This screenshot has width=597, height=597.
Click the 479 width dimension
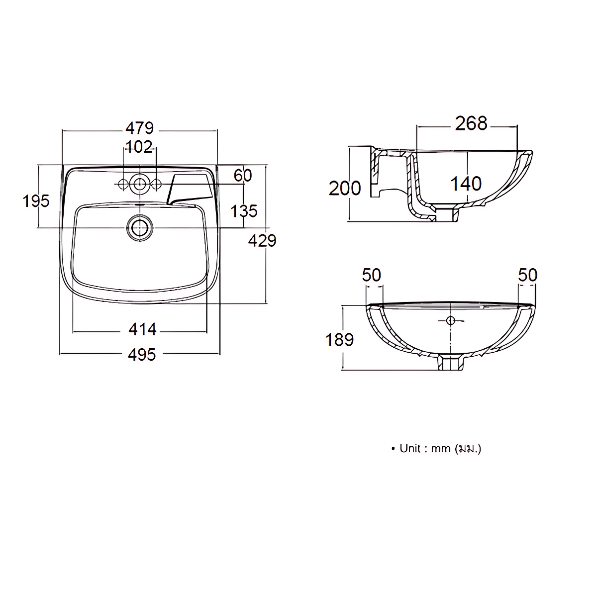point(139,128)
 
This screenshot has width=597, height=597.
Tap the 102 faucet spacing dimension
point(139,147)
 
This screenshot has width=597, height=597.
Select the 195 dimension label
point(36,201)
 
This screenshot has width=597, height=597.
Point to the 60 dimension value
point(243,176)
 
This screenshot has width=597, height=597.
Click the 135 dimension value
point(244,211)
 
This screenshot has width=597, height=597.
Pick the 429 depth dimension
point(262,241)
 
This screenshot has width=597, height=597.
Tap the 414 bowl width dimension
point(142,329)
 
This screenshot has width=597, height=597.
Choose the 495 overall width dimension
point(142,355)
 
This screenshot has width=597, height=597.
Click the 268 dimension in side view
point(471,123)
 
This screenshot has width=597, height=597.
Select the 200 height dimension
point(345,189)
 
